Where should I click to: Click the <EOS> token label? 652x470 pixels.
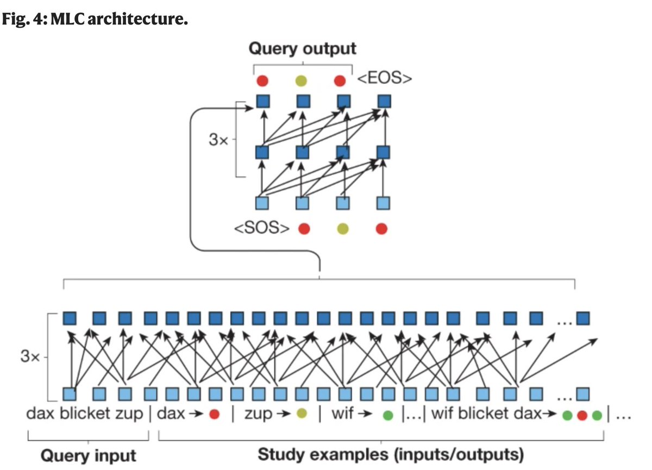pyautogui.click(x=384, y=78)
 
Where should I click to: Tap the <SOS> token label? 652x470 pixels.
pyautogui.click(x=262, y=228)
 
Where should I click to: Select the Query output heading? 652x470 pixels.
pyautogui.click(x=303, y=48)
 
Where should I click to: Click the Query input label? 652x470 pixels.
pyautogui.click(x=88, y=455)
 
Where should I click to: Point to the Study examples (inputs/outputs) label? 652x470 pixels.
pyautogui.click(x=391, y=455)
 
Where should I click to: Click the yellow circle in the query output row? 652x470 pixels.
pyautogui.click(x=301, y=81)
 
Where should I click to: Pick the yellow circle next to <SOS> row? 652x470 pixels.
pyautogui.click(x=343, y=229)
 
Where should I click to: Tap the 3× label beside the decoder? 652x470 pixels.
pyautogui.click(x=218, y=140)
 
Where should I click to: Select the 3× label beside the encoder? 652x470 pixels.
pyautogui.click(x=30, y=356)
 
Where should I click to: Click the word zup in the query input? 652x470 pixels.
pyautogui.click(x=129, y=414)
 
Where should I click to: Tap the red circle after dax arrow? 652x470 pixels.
pyautogui.click(x=214, y=414)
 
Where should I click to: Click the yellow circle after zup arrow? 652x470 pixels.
pyautogui.click(x=302, y=413)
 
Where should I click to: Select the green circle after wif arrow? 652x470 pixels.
pyautogui.click(x=388, y=415)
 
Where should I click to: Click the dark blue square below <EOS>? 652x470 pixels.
pyautogui.click(x=384, y=102)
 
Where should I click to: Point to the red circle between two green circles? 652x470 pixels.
pyautogui.click(x=582, y=415)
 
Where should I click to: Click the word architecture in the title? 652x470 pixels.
pyautogui.click(x=137, y=19)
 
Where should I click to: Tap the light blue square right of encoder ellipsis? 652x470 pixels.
pyautogui.click(x=583, y=394)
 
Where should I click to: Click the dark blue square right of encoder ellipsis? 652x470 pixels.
pyautogui.click(x=583, y=318)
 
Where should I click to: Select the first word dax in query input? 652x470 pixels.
pyautogui.click(x=40, y=413)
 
